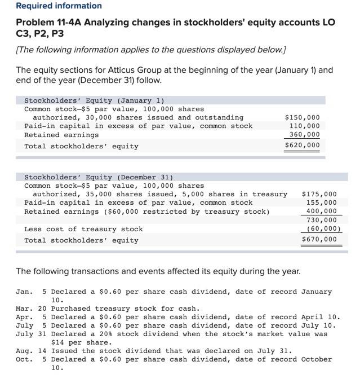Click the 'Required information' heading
tap(59, 6)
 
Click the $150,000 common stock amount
tap(303, 117)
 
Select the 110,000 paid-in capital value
tap(305, 126)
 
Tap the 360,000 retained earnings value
tap(305, 134)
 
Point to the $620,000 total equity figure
tap(303, 146)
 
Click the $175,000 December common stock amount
tap(319, 194)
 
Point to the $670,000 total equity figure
tap(319, 239)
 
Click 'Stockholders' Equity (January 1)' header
tap(94, 100)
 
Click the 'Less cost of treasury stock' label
tap(83, 229)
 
